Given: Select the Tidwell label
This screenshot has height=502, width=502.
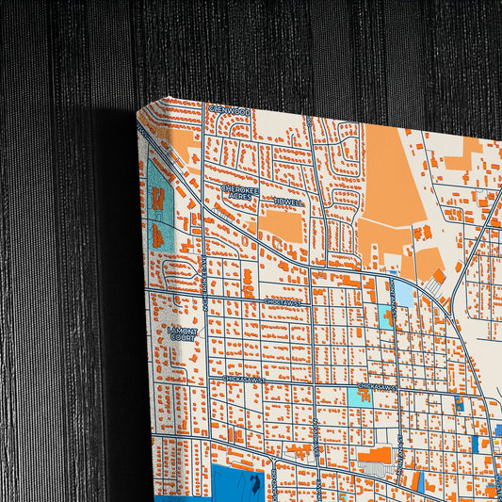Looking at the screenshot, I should (288, 202).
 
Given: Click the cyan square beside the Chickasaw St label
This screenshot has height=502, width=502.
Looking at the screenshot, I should (359, 397).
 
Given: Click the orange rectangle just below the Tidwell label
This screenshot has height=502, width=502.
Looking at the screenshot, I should (280, 226).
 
